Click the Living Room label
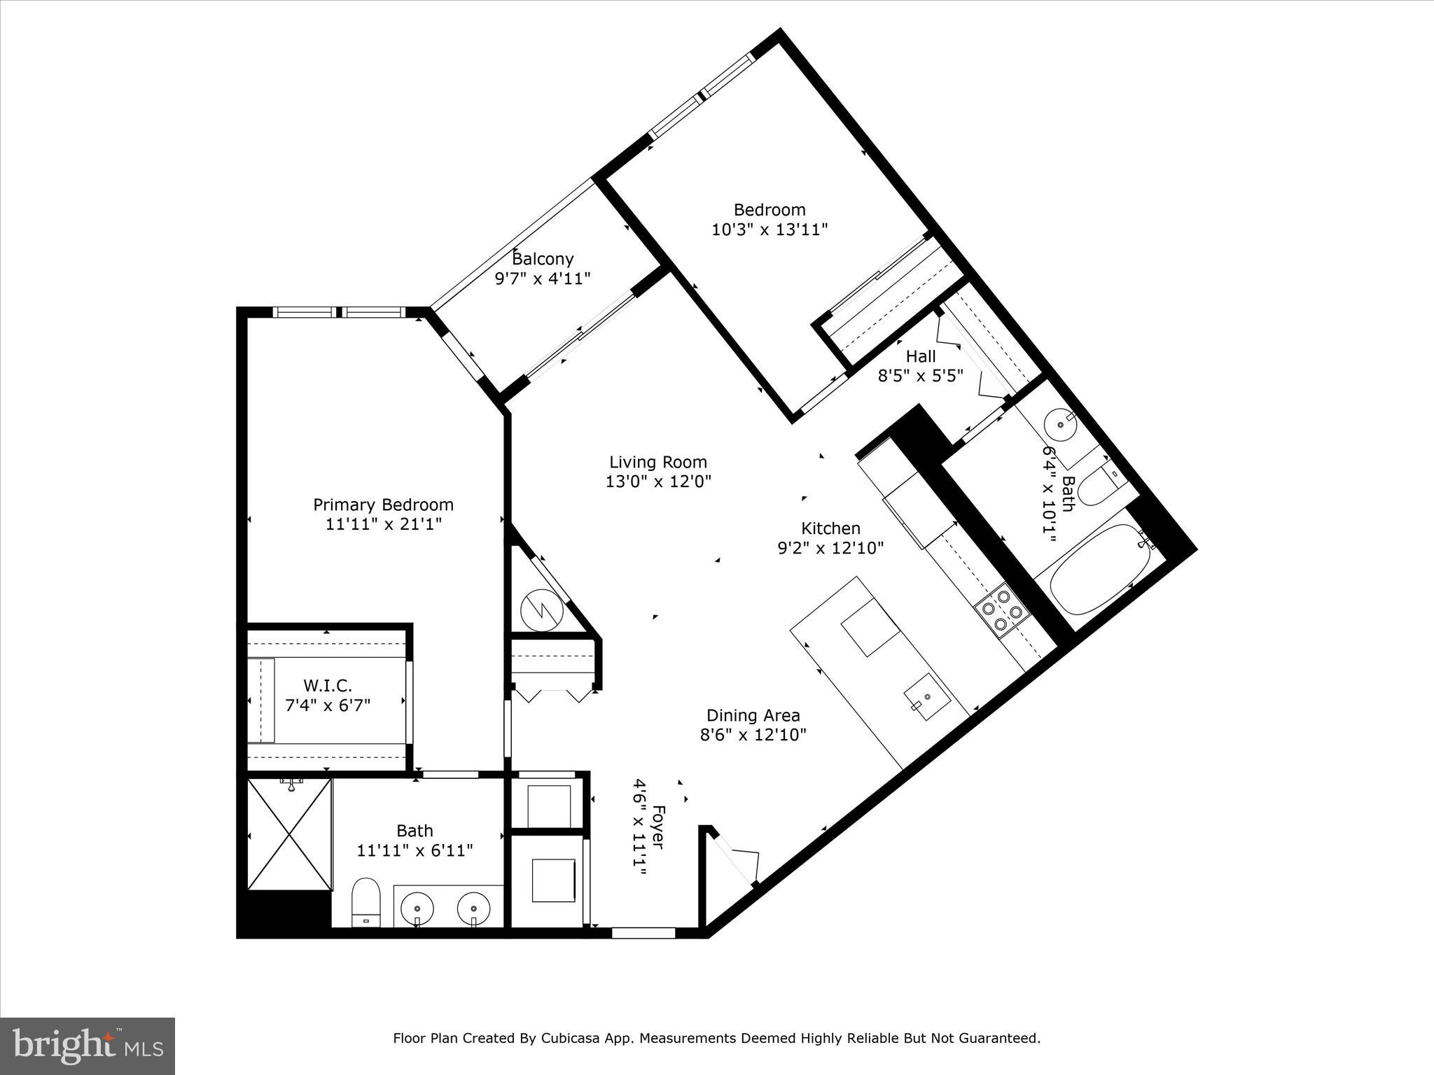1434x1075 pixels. point(657,462)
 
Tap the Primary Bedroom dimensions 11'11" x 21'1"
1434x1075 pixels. point(383,524)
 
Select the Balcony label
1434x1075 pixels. point(543,259)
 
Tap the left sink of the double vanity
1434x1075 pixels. point(417,908)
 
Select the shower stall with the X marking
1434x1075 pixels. point(289,834)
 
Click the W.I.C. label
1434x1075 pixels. point(327,685)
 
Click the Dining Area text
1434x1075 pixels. point(753,715)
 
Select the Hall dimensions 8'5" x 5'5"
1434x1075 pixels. point(920,376)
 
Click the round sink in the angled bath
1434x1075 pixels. point(1061,423)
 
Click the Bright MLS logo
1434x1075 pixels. point(88,1046)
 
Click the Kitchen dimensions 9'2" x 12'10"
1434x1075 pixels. point(830,548)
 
